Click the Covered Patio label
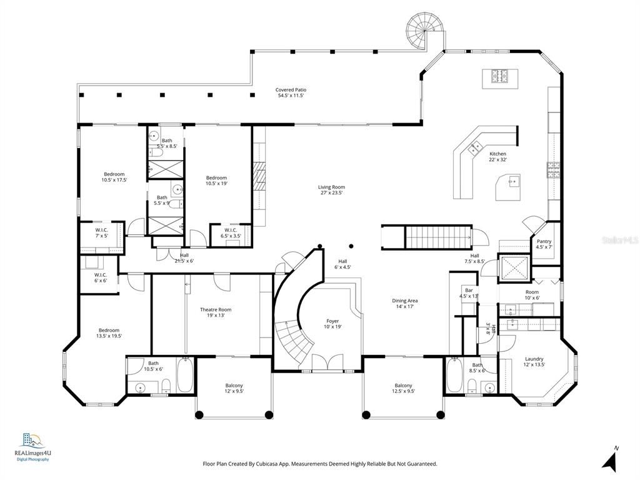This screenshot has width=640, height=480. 291,93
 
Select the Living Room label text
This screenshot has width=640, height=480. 331,190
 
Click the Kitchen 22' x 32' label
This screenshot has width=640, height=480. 497,157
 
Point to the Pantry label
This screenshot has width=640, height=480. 544,244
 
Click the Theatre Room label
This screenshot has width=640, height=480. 216,312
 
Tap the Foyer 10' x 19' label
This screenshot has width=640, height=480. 332,324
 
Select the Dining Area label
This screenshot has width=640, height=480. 404,303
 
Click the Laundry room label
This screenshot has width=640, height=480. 534,362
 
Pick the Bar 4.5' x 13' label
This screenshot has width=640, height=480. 469,293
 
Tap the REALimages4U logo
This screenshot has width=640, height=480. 31,446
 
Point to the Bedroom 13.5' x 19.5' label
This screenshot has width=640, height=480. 108,333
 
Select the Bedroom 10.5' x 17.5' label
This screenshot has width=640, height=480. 114,177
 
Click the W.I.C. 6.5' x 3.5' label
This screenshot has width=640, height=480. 229,233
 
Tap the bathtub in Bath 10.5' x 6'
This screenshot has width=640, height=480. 186,376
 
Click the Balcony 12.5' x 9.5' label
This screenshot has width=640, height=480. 403,388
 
